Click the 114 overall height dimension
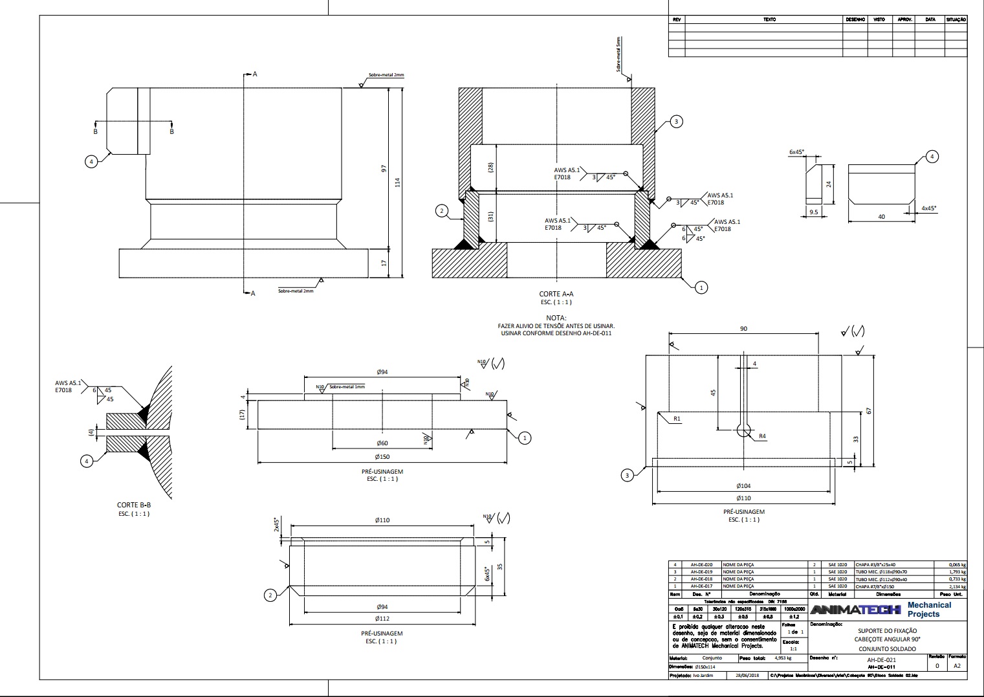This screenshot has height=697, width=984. (397, 183)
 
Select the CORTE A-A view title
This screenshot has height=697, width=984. (556, 294)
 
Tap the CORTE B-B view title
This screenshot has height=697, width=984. (133, 505)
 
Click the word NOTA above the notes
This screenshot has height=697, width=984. (556, 318)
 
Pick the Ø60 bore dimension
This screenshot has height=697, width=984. (382, 443)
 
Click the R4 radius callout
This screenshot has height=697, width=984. (762, 436)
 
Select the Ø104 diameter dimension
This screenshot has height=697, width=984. (743, 485)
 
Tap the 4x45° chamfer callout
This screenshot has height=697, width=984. (928, 208)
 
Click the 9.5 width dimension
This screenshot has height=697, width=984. (814, 212)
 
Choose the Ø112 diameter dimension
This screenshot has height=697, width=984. (382, 619)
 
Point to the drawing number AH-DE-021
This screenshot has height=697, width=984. (881, 659)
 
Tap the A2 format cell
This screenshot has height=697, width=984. (957, 665)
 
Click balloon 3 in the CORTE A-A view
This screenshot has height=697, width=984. (676, 122)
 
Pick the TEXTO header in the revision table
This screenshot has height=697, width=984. (769, 19)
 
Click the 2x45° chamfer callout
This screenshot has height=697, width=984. (276, 524)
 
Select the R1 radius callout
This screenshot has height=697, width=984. (677, 419)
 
